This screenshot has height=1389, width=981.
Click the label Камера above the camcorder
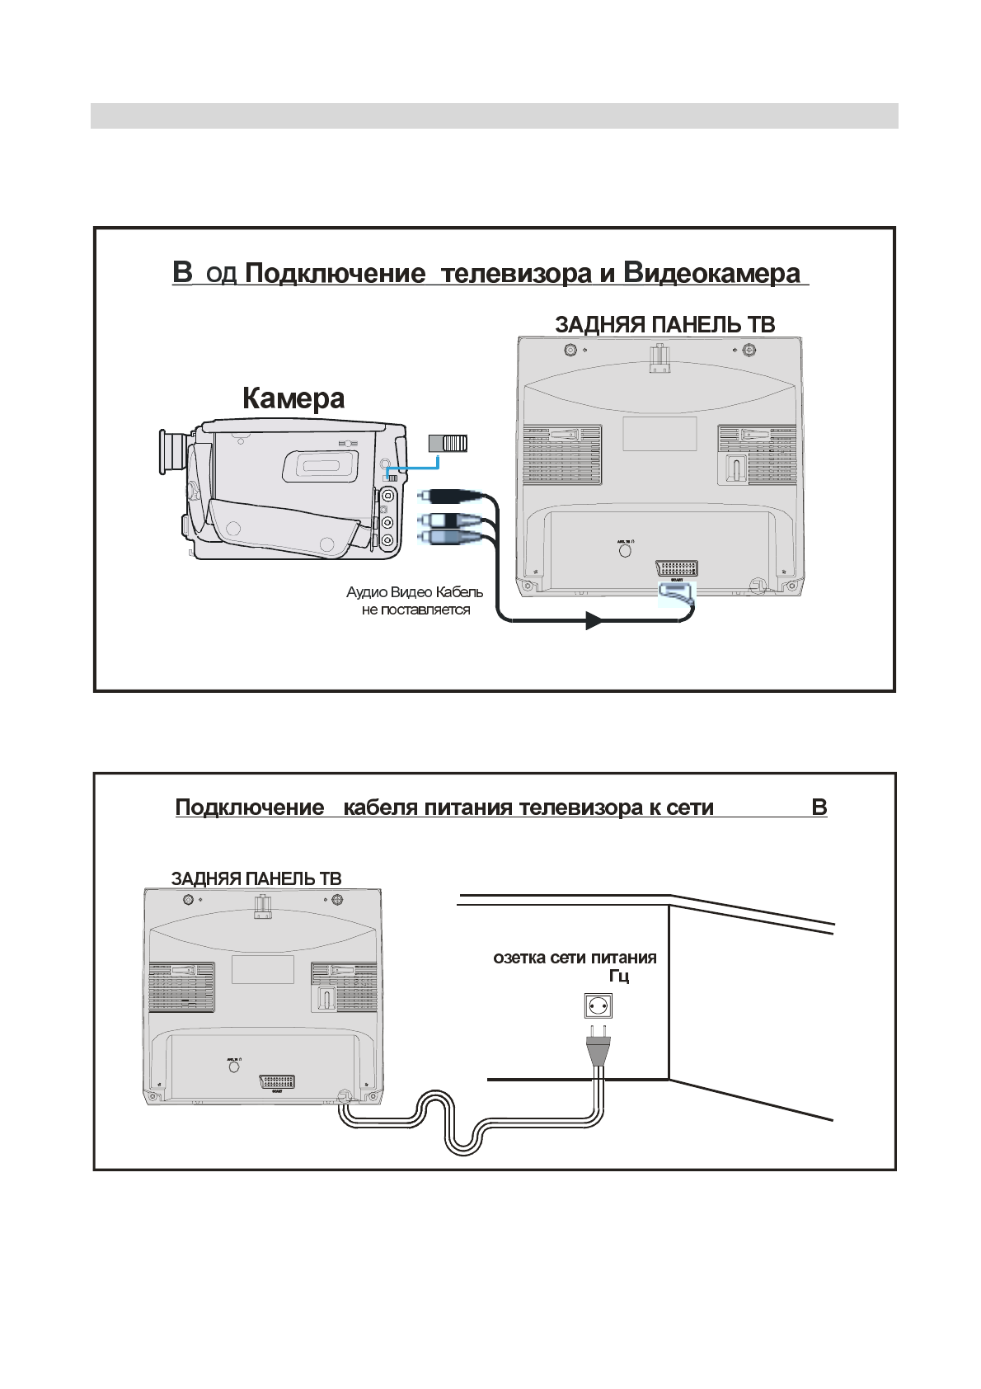click(293, 398)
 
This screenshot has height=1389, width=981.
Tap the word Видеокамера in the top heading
click(711, 273)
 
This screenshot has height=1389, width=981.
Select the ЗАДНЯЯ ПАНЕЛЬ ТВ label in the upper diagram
click(664, 325)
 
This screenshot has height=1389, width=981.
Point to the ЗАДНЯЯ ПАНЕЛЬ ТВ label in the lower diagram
click(256, 878)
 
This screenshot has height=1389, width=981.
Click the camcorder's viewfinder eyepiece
click(170, 452)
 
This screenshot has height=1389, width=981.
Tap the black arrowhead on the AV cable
click(594, 619)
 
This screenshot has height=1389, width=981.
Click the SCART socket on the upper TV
click(676, 569)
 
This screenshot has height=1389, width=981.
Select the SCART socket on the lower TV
click(277, 1081)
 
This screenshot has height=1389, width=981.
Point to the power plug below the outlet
click(598, 1048)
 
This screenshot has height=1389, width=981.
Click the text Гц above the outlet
click(619, 977)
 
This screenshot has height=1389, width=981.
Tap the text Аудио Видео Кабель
click(415, 592)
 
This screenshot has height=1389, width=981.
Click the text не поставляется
click(415, 610)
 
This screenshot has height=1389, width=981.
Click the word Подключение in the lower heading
click(250, 808)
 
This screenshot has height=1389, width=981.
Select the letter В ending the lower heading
click(819, 808)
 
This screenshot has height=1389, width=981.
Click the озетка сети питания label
click(575, 958)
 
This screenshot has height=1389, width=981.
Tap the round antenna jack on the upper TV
click(625, 551)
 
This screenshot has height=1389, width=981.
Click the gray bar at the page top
click(494, 115)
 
